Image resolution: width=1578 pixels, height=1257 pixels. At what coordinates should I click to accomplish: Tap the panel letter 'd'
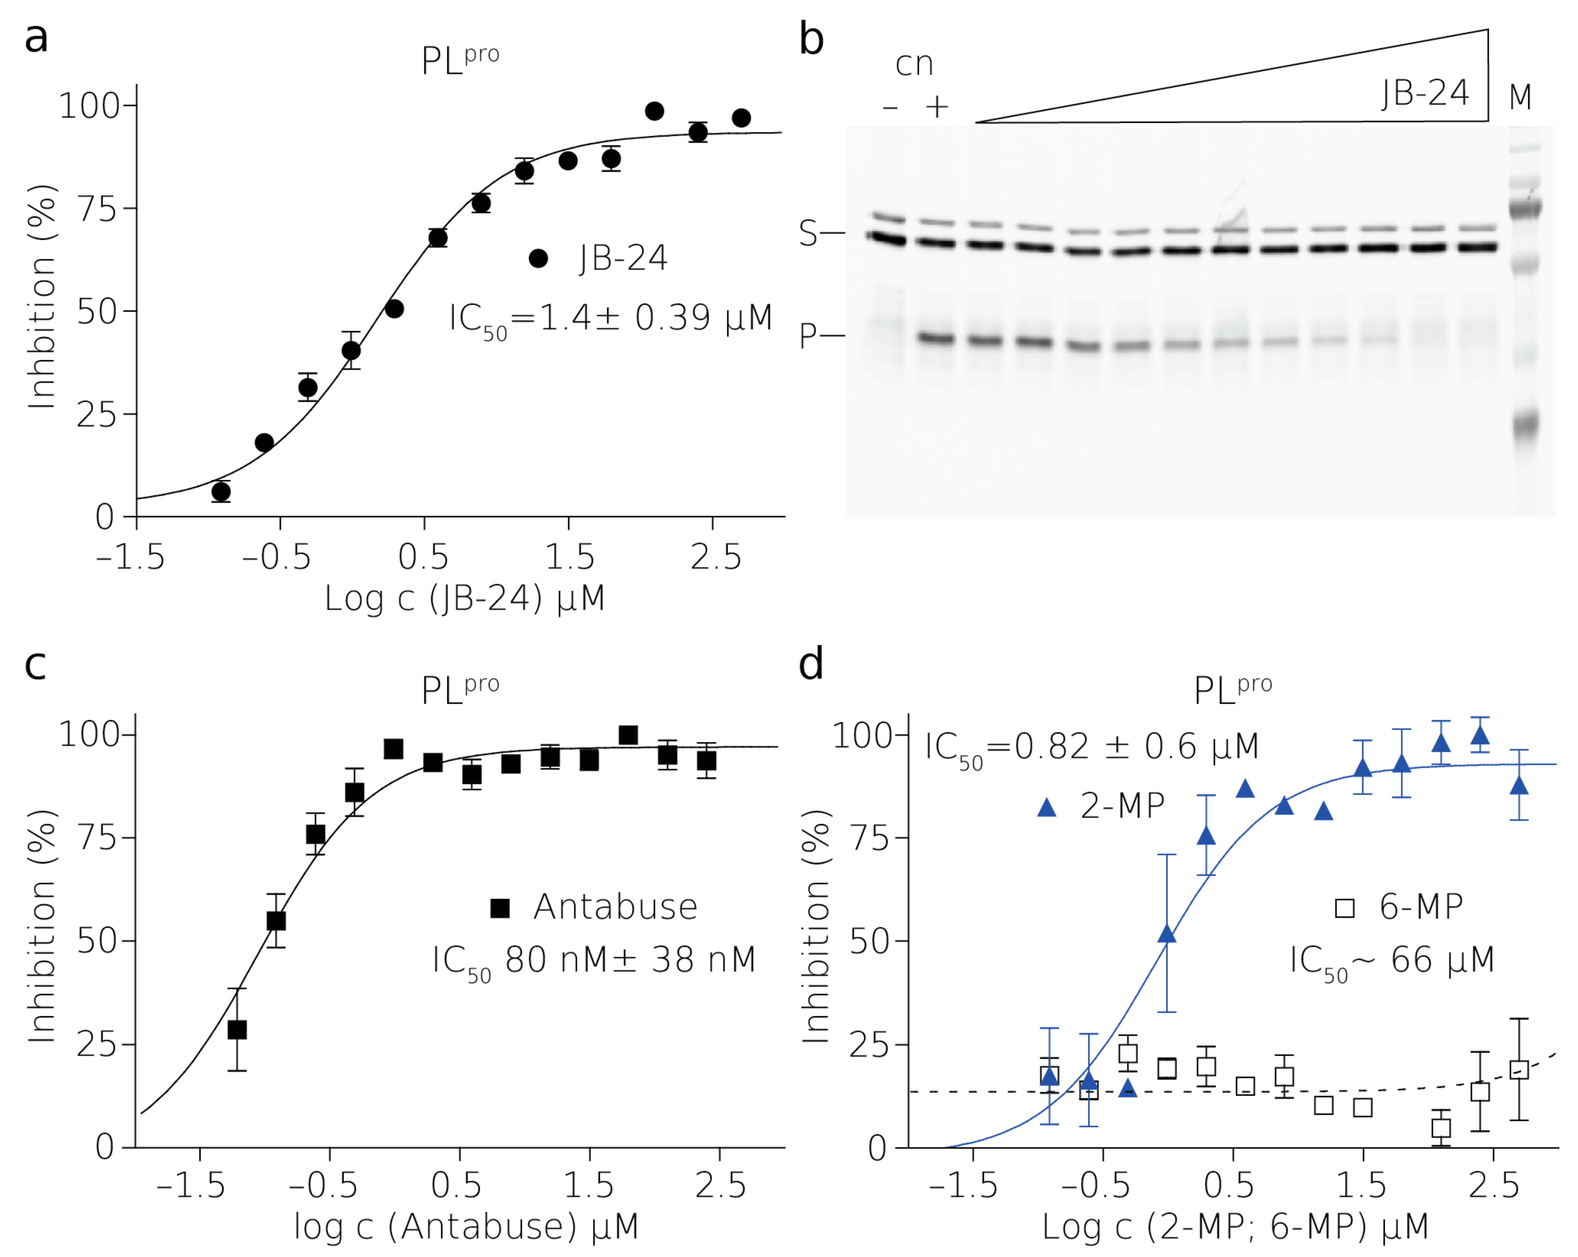pyautogui.click(x=810, y=665)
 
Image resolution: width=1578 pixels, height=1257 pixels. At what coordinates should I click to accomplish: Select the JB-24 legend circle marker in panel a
pyautogui.click(x=538, y=259)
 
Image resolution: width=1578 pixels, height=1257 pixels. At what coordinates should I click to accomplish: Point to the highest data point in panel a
pyautogui.click(x=654, y=111)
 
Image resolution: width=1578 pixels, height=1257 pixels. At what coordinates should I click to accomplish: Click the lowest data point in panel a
pyautogui.click(x=221, y=491)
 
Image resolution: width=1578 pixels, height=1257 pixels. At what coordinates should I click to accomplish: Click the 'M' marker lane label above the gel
pyautogui.click(x=1520, y=96)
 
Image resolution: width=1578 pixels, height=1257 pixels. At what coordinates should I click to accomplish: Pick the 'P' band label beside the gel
pyautogui.click(x=808, y=336)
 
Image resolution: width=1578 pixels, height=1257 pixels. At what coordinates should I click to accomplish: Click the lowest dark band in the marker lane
pyautogui.click(x=1526, y=423)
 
